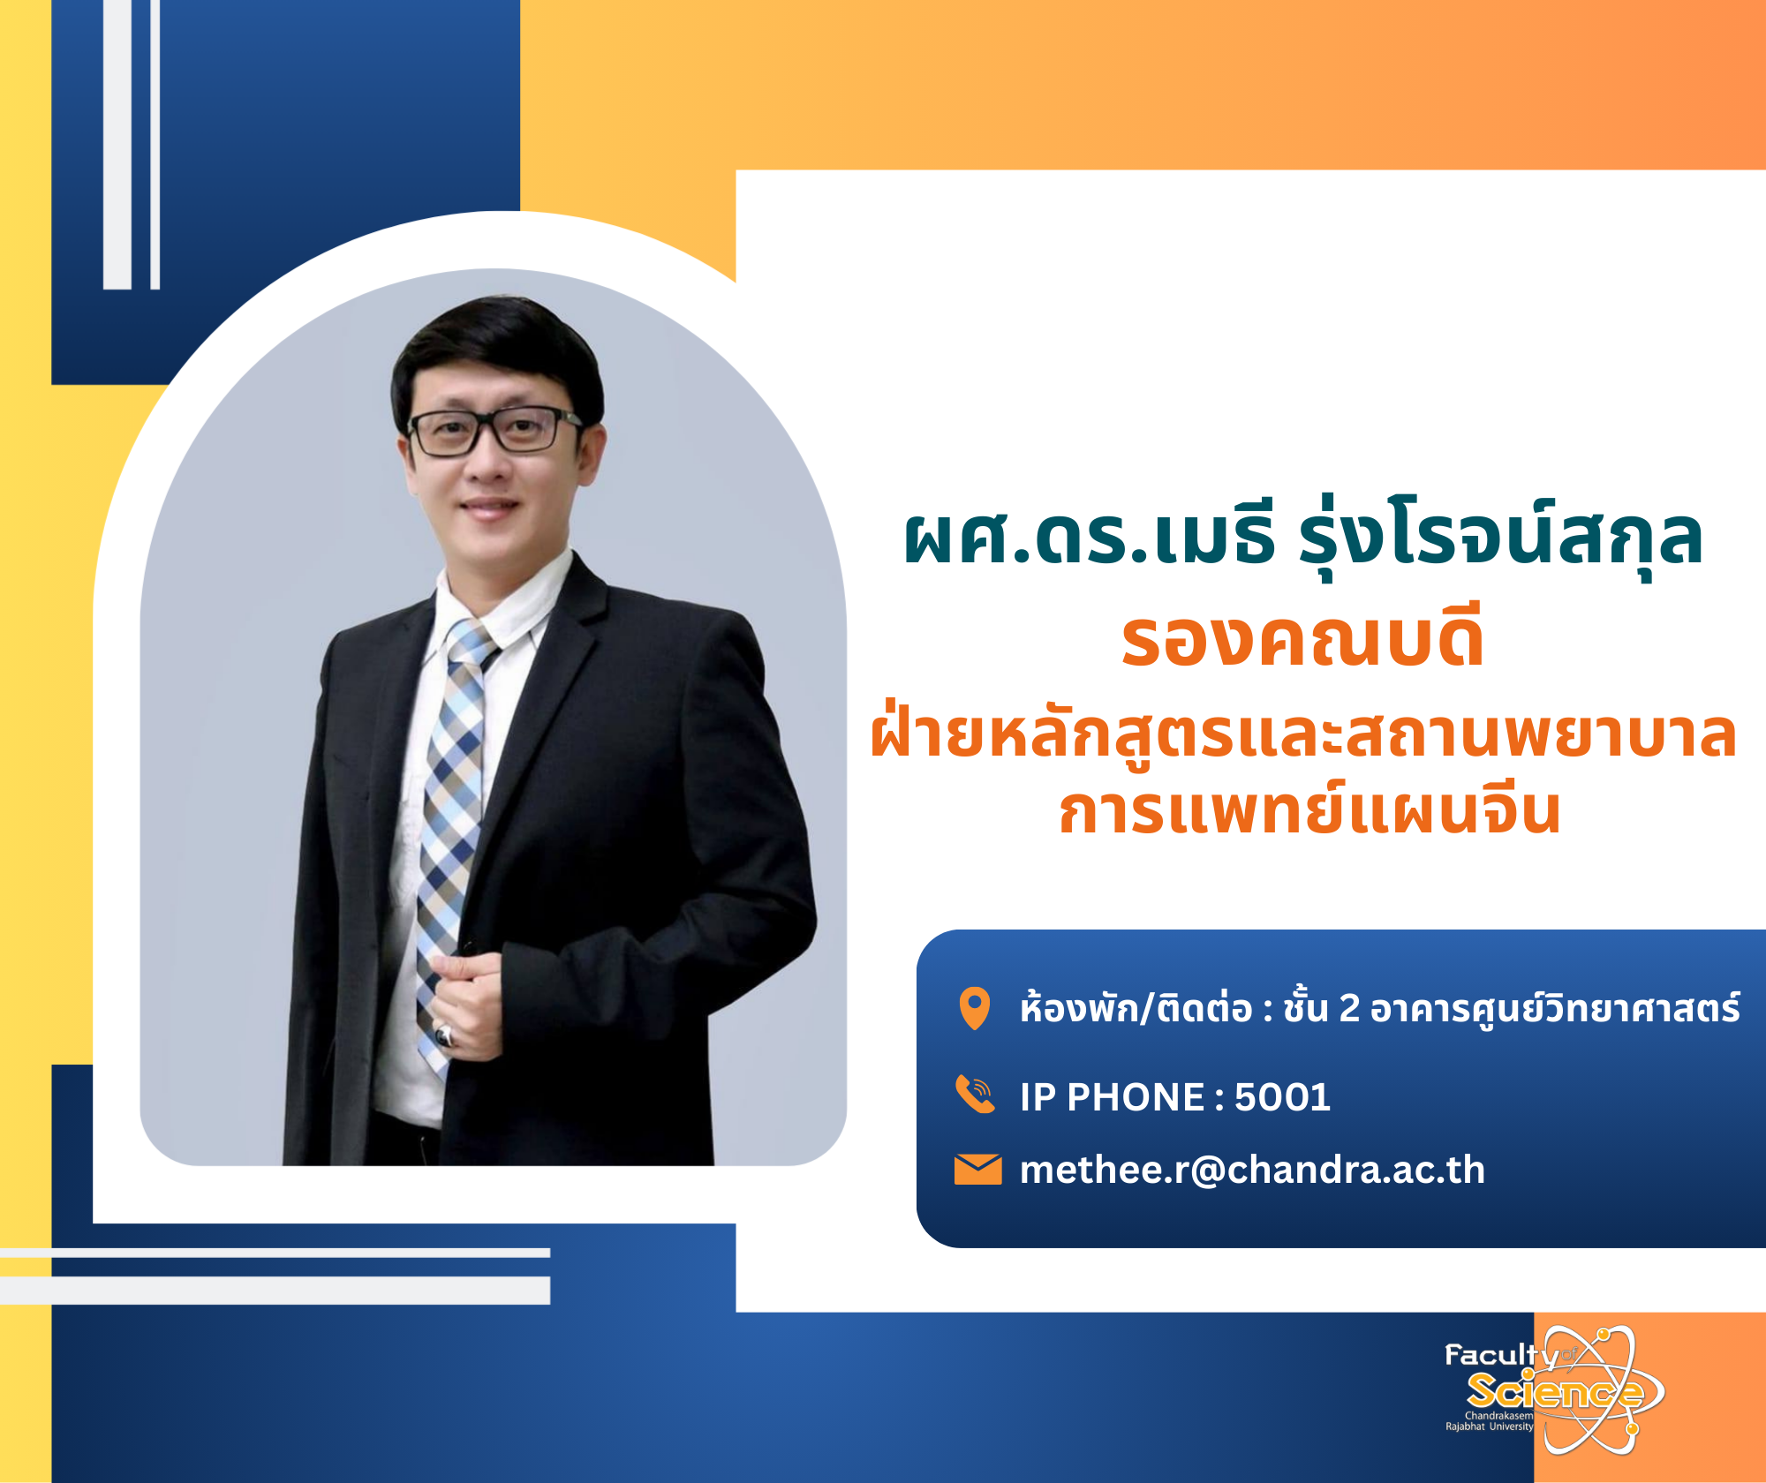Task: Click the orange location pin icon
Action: tap(975, 1008)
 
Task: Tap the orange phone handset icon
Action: tap(976, 1095)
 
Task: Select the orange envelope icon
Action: tap(977, 1170)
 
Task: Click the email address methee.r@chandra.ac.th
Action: tap(1252, 1170)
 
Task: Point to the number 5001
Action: tap(1282, 1097)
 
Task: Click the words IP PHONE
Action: tap(1113, 1097)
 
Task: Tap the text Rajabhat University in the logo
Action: tap(1490, 1427)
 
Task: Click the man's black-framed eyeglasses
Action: tap(494, 431)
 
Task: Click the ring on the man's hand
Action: tap(445, 1035)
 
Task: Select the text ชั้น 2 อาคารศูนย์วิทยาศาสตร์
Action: tap(1511, 1008)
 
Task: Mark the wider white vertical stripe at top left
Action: tap(117, 144)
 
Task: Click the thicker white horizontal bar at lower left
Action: tap(275, 1290)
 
